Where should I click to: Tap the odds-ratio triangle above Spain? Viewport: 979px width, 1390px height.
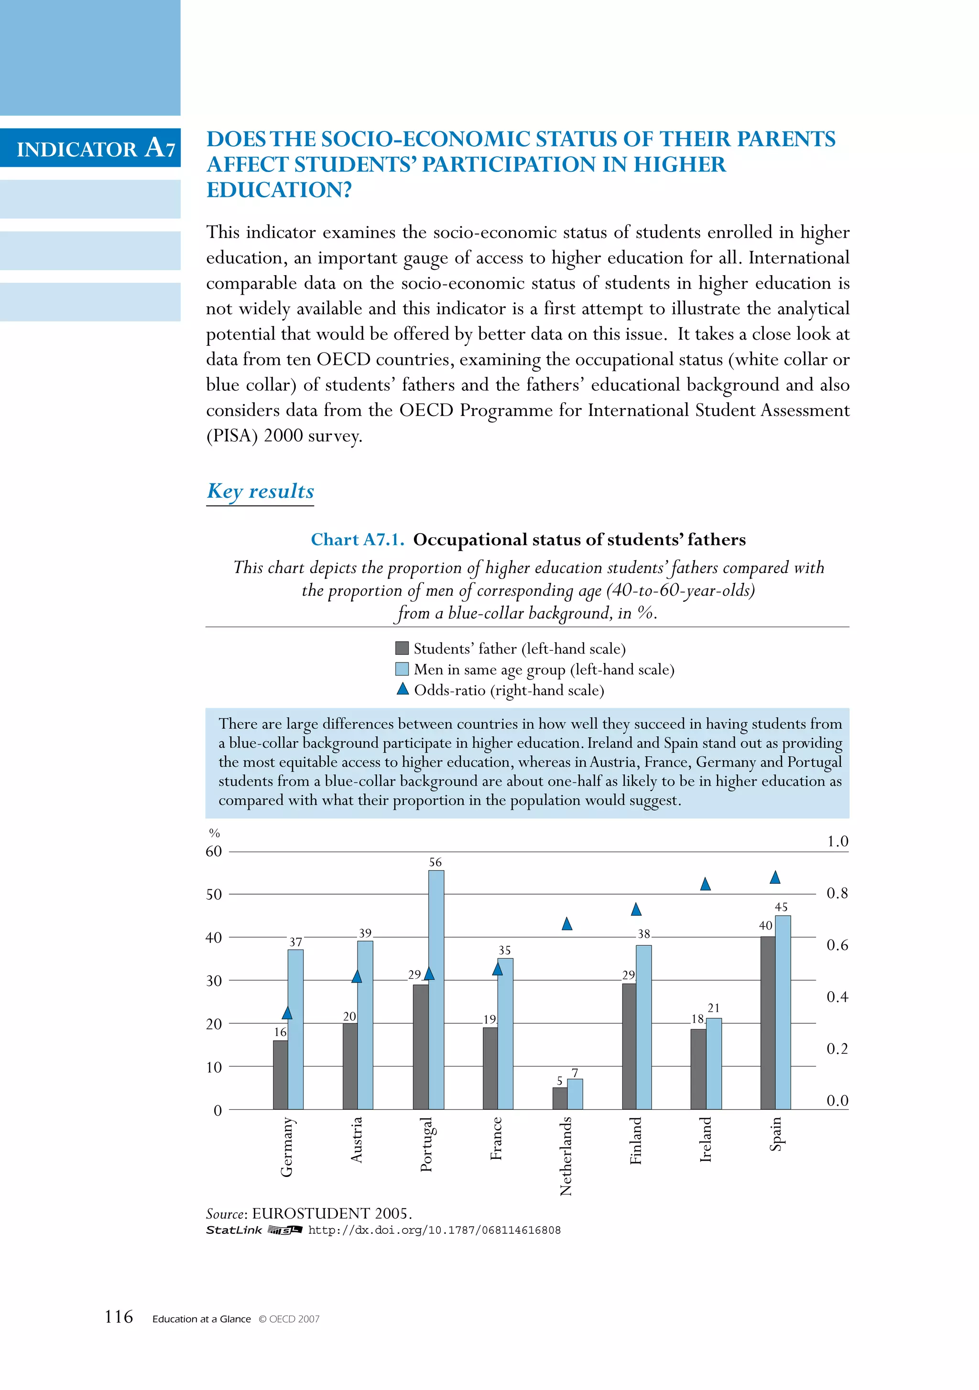(x=775, y=878)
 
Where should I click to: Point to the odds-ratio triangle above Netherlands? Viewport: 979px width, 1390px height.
(x=566, y=924)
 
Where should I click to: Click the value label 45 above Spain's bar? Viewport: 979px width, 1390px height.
(x=781, y=907)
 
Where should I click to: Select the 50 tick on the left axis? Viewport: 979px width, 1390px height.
(x=214, y=894)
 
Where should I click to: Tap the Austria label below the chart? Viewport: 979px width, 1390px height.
(x=356, y=1140)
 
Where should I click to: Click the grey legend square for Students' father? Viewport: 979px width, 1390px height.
(x=402, y=648)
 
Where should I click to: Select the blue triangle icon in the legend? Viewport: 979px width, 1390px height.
(x=402, y=689)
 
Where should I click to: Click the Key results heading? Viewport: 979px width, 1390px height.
(x=261, y=491)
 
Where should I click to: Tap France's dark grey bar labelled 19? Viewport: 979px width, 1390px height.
(x=490, y=1069)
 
